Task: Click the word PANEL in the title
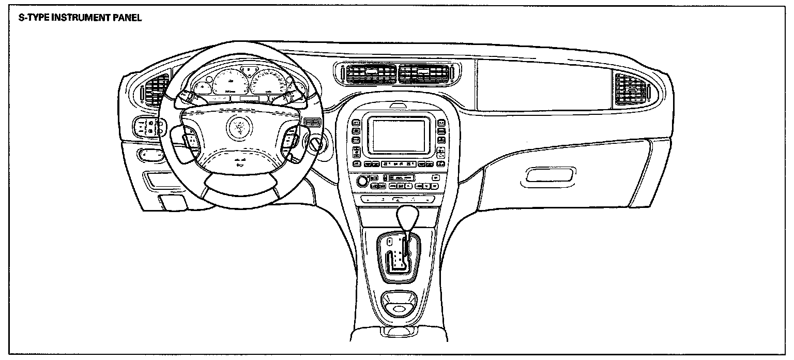(x=127, y=18)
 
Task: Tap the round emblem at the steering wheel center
(x=239, y=126)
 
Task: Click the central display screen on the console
(x=399, y=134)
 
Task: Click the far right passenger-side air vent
(x=631, y=89)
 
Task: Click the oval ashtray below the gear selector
(x=399, y=309)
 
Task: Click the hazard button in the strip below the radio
(x=399, y=199)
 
